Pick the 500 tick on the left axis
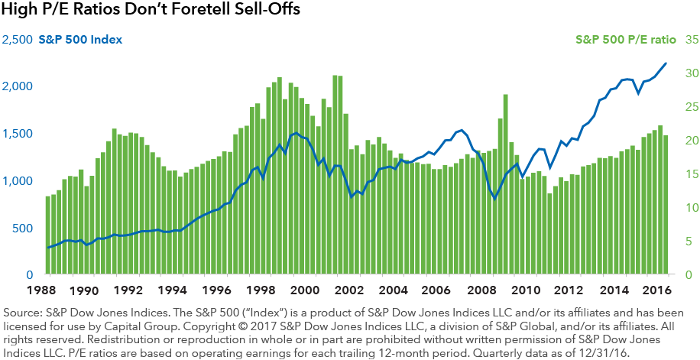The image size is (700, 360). (25, 229)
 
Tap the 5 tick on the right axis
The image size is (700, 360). (688, 242)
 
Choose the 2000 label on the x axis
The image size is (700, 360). (305, 290)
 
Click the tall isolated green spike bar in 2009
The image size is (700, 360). (506, 183)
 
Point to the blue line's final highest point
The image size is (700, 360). (666, 63)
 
